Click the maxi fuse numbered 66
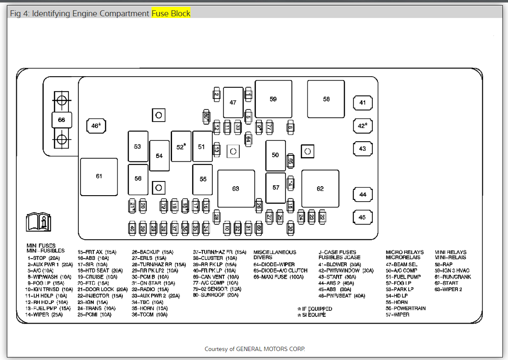point(62,120)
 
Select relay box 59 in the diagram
point(273,99)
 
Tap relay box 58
point(326,99)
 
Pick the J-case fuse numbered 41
point(362,103)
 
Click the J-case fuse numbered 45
point(362,217)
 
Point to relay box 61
point(99,176)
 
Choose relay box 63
point(236,189)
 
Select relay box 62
point(320,189)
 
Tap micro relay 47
point(233,103)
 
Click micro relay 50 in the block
point(275,155)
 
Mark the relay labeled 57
point(276,187)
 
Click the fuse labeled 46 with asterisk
point(96,126)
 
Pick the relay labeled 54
point(159,156)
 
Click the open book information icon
point(39,221)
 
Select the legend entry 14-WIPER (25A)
point(44,315)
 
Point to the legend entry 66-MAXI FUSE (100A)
point(278,277)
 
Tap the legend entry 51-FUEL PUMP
point(403,277)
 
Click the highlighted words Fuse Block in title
point(171,14)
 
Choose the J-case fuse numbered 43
point(362,149)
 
